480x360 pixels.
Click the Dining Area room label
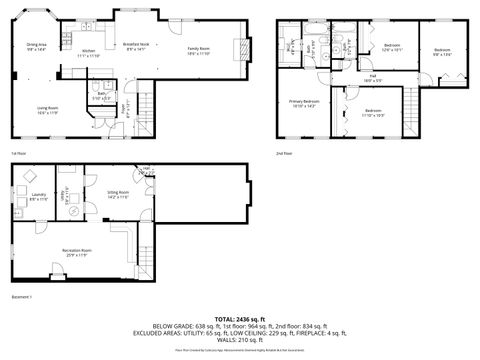36,47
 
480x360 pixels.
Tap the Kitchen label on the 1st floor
88,53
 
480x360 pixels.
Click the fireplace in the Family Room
239,51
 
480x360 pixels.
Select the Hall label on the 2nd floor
372,77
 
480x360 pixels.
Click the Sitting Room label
119,194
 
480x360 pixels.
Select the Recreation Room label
73,251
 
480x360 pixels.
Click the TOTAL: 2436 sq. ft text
240,319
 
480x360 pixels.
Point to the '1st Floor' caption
17,153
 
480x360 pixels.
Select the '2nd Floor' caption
285,153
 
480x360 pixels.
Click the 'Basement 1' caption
22,297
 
